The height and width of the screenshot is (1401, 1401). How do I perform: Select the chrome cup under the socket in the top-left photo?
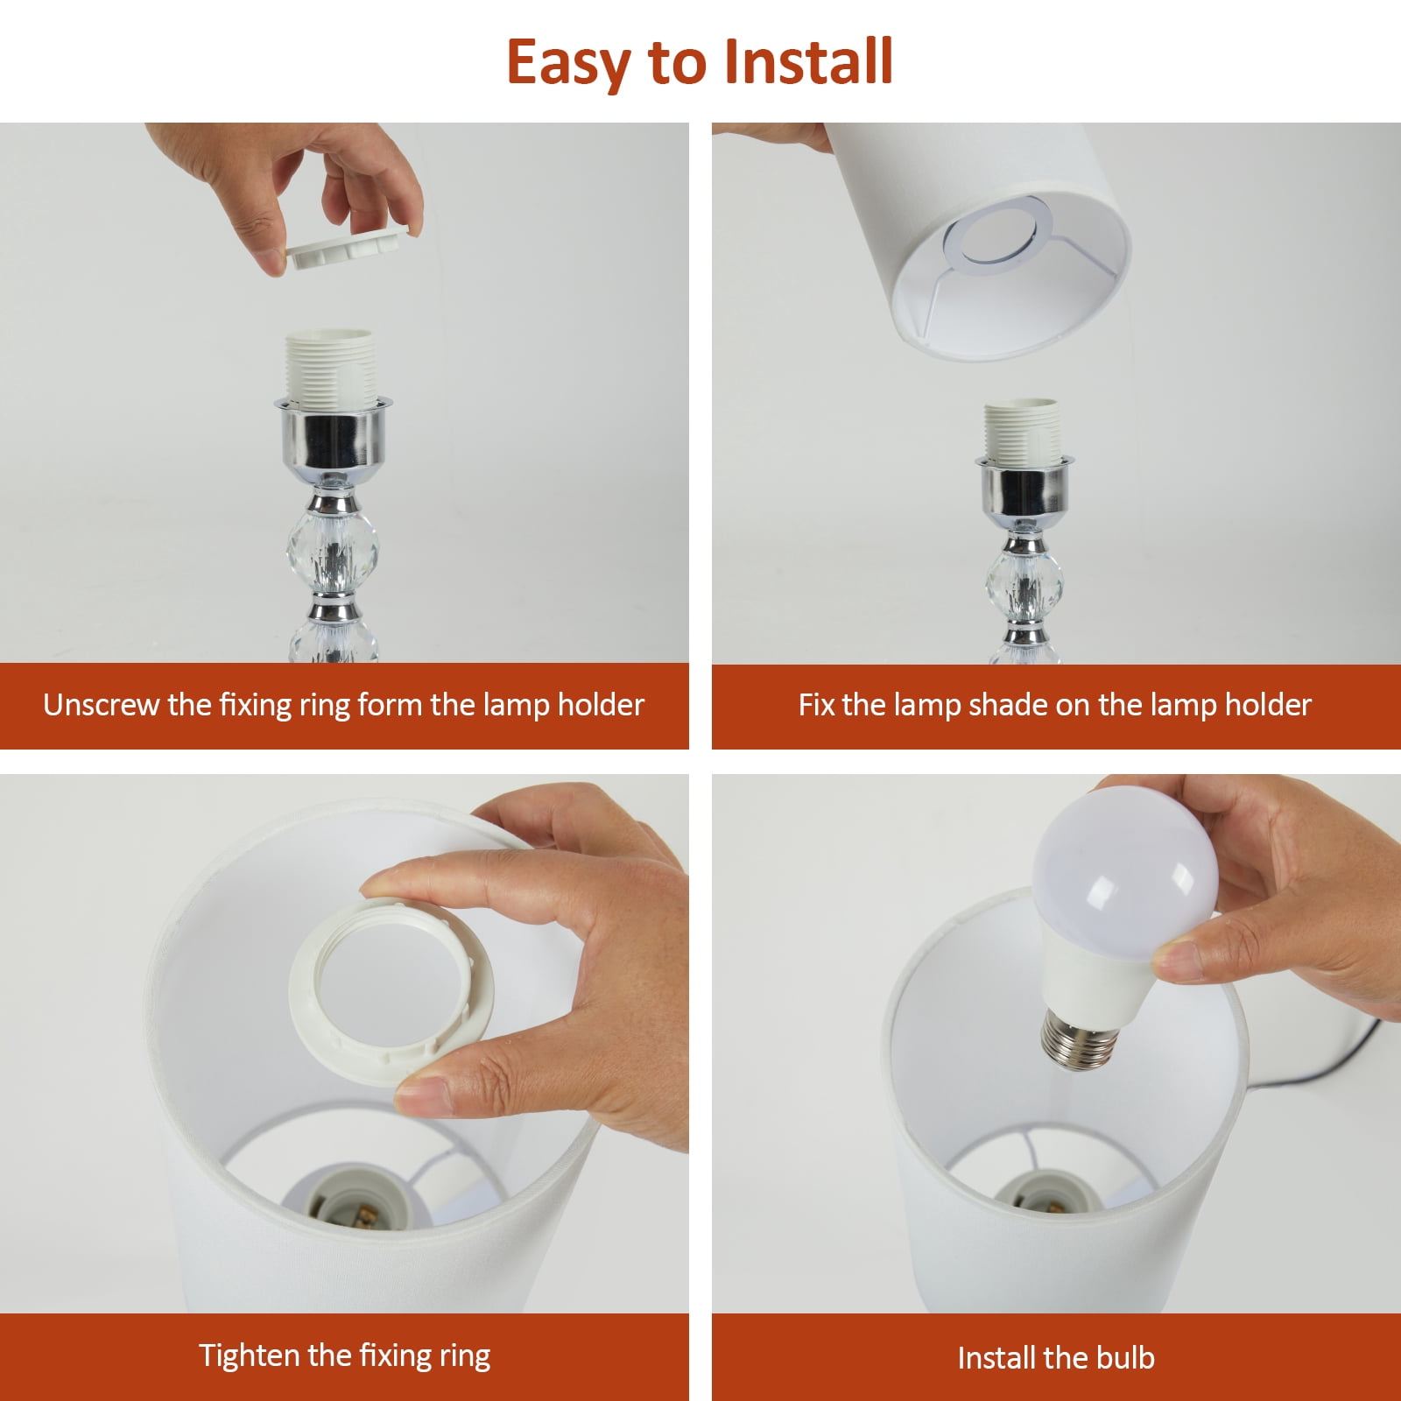tap(331, 436)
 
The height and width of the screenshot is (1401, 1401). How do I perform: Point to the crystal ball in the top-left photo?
tap(332, 552)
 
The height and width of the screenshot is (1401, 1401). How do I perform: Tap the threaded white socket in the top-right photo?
tap(1022, 433)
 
